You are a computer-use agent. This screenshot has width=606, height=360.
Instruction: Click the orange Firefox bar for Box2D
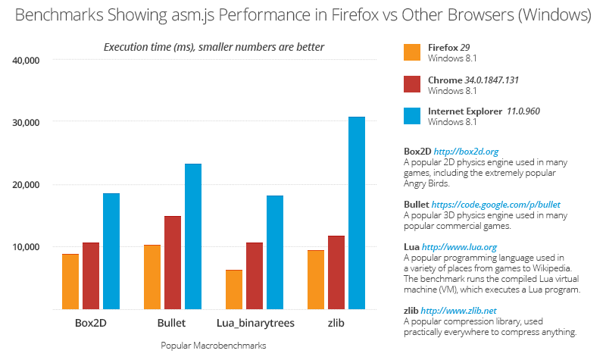(70, 281)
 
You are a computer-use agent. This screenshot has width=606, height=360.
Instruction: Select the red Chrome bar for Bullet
(173, 262)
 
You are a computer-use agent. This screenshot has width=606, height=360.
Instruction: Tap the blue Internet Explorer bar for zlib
(357, 213)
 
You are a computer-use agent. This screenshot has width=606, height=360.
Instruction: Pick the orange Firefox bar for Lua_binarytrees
(234, 290)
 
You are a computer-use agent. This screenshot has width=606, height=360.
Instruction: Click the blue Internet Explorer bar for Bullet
(193, 236)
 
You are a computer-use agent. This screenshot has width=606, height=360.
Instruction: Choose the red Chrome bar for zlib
(336, 272)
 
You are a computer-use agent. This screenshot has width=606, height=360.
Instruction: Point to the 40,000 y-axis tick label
(31, 60)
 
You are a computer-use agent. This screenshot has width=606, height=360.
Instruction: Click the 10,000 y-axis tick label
(31, 247)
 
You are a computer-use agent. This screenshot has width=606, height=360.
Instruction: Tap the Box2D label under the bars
(91, 324)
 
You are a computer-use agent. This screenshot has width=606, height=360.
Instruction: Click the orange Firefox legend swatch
(412, 52)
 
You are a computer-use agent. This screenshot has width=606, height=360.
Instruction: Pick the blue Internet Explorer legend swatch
(412, 115)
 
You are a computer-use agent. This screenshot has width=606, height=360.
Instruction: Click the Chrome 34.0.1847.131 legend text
(473, 80)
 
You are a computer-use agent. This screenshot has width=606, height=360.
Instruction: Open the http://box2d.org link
(471, 152)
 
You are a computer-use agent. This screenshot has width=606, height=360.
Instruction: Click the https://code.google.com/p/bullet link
(495, 205)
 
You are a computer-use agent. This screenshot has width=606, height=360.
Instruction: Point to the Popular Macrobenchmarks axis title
(214, 345)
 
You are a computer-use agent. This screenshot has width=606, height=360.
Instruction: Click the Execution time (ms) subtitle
(214, 47)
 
